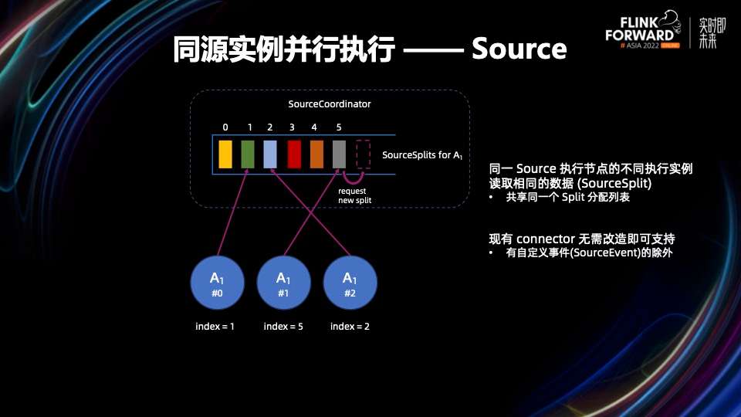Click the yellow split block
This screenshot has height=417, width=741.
(225, 154)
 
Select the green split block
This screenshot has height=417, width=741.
(248, 154)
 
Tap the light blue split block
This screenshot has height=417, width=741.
(270, 154)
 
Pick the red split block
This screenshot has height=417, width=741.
(294, 154)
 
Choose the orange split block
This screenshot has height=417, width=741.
(316, 154)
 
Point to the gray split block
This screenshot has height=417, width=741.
(340, 154)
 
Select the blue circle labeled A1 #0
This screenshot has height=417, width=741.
(218, 283)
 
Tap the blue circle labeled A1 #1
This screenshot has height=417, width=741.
(283, 283)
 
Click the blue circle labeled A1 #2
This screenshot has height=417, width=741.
(350, 283)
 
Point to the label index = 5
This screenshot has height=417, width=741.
(283, 326)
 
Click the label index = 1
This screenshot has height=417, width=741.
(215, 326)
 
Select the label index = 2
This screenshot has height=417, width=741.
(350, 326)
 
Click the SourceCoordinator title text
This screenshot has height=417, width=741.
(330, 104)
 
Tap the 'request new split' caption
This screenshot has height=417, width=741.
(354, 195)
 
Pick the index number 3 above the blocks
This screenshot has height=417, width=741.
(292, 127)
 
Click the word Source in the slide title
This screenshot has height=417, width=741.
(519, 49)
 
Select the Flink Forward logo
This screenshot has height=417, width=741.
(643, 29)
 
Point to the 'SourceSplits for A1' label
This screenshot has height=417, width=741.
(422, 155)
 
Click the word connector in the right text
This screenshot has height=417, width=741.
(546, 239)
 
